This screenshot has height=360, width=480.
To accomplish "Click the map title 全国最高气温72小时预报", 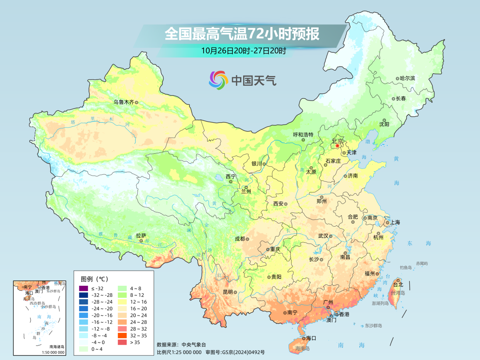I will pos(242,34).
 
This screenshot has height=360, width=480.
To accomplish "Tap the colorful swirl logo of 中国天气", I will pos(218,80).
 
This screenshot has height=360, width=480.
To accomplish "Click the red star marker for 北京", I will pos(337,145).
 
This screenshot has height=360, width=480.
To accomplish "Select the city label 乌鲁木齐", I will pos(123,102).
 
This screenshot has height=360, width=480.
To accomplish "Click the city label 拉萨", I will pos(141,236).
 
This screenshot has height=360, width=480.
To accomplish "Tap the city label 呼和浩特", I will pos(303,135).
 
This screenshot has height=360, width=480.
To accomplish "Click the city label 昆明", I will pos(228,292).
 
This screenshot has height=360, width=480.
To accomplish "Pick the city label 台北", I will pos(398,284).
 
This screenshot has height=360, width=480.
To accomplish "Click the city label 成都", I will pos(240,239).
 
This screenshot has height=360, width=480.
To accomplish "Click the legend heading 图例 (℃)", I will pos(94,279).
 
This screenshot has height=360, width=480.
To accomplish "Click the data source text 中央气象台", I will pos(194,344).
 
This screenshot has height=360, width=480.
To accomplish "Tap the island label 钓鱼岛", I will pos(406,268).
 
